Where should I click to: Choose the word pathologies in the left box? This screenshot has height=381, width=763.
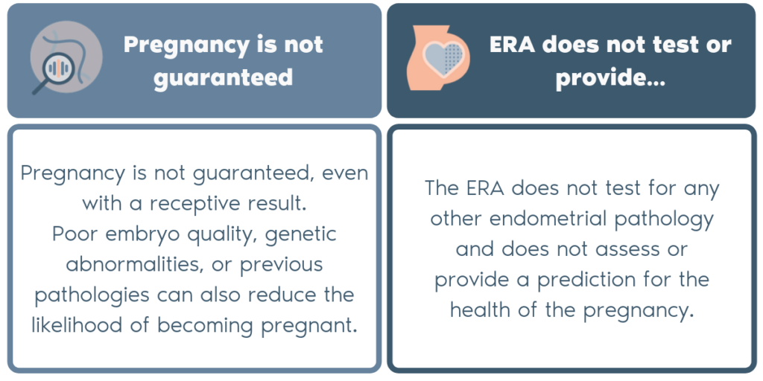[x=92, y=295]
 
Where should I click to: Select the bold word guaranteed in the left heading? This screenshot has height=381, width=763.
[x=224, y=77]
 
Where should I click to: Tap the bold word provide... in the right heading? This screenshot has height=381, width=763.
[x=610, y=77]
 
